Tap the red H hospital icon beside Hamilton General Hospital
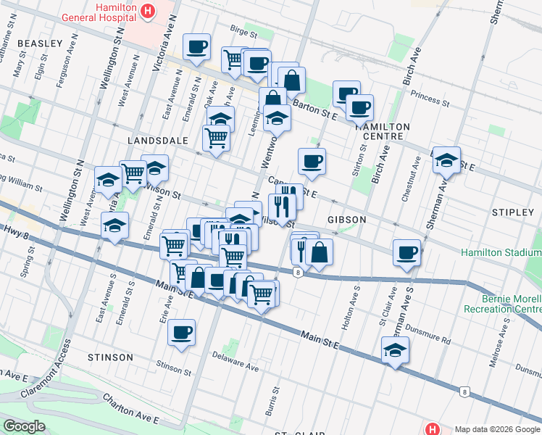pyautogui.click(x=149, y=11)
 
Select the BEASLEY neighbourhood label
pyautogui.click(x=40, y=43)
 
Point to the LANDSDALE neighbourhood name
pyautogui.click(x=157, y=139)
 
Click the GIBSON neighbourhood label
pyautogui.click(x=346, y=219)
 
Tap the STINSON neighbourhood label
pyautogui.click(x=110, y=357)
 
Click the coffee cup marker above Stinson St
pyautogui.click(x=181, y=333)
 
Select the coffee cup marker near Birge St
pyautogui.click(x=196, y=47)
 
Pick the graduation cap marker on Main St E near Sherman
pyautogui.click(x=394, y=350)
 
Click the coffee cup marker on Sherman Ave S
pyautogui.click(x=407, y=253)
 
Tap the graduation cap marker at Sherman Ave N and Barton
pyautogui.click(x=446, y=160)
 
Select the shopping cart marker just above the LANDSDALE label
pyautogui.click(x=217, y=136)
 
